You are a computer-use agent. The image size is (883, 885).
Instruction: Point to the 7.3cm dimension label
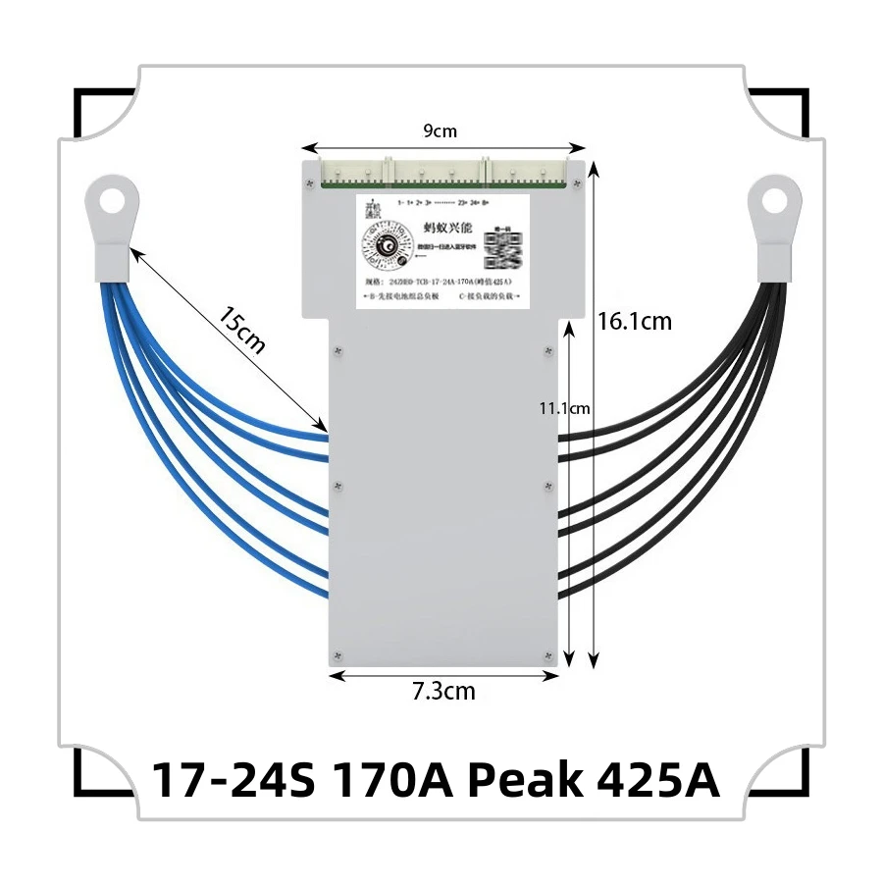point(443,691)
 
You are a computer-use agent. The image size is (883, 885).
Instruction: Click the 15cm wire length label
point(239,328)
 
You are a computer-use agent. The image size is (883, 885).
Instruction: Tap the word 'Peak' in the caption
point(519,782)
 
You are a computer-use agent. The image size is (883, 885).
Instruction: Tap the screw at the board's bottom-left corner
point(337,654)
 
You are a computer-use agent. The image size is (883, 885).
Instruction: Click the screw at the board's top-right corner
point(577,182)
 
